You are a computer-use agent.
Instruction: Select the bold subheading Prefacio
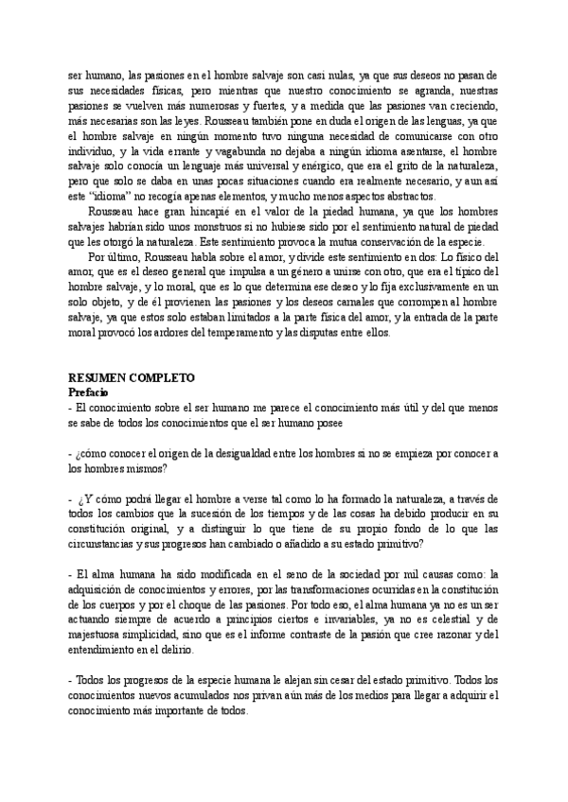coord(90,391)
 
